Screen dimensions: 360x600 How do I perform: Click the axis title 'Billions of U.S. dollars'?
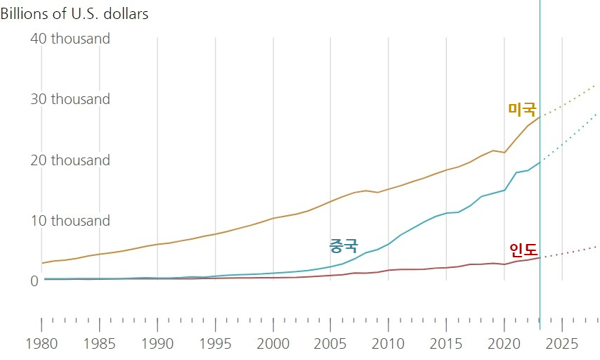click(x=74, y=14)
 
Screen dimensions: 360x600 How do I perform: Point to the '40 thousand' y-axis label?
click(x=70, y=39)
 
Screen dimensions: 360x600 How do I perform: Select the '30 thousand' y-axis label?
click(x=70, y=99)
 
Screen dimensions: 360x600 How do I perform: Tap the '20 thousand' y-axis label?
click(x=70, y=160)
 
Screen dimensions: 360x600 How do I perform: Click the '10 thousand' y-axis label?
click(x=70, y=221)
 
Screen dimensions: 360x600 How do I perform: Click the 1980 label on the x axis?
click(x=41, y=345)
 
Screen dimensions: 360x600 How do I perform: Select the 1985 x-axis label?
click(x=99, y=345)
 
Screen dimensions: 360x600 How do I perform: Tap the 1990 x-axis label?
click(x=157, y=345)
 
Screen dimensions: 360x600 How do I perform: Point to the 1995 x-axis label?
click(x=215, y=345)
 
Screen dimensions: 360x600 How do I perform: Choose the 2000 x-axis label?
click(x=273, y=345)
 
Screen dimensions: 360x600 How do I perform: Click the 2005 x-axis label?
click(x=331, y=345)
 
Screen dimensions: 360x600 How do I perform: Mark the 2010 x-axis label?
click(x=389, y=345)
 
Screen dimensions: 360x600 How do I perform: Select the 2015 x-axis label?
click(x=446, y=345)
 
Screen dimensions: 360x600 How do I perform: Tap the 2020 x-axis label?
click(x=504, y=345)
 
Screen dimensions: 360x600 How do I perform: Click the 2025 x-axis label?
click(x=562, y=345)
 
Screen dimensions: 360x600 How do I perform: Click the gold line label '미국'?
click(x=522, y=110)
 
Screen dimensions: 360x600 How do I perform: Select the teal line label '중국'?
click(x=344, y=246)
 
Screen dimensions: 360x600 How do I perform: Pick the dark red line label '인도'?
click(x=523, y=250)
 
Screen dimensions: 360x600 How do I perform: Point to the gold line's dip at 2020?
click(x=504, y=153)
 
